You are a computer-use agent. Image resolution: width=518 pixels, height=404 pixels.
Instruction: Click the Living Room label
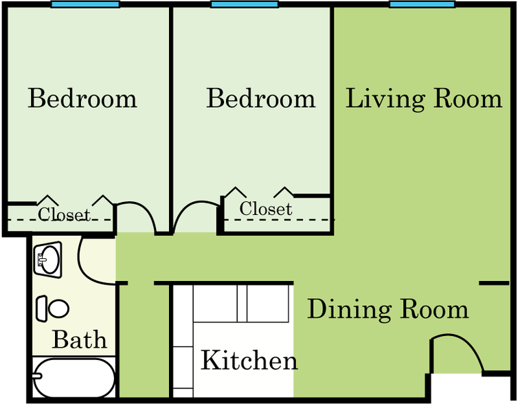point(423,99)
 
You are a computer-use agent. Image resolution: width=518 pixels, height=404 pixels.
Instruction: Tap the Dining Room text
point(387,309)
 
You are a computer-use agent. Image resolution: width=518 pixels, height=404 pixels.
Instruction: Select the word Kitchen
point(249,360)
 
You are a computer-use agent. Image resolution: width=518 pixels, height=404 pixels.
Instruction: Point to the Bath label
point(80,339)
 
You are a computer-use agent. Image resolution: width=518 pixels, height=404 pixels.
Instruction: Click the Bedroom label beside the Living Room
point(260,99)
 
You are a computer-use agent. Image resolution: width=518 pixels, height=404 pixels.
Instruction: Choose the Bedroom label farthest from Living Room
point(82,99)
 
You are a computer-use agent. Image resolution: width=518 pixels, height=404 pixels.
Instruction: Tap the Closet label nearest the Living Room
point(265,208)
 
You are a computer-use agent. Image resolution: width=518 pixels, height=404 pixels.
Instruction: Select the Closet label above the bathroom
point(63,214)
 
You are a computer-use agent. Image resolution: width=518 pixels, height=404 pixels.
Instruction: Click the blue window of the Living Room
point(422,5)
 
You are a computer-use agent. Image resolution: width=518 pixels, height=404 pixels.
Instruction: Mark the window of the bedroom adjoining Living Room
point(244,5)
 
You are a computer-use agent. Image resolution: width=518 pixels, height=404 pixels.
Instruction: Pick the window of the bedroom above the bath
point(85,5)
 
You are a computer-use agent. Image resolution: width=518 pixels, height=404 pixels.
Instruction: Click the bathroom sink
point(47,260)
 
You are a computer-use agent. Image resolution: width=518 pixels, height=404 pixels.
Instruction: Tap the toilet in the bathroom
point(53,308)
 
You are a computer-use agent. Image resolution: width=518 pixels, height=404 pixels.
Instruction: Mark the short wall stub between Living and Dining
point(493,283)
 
